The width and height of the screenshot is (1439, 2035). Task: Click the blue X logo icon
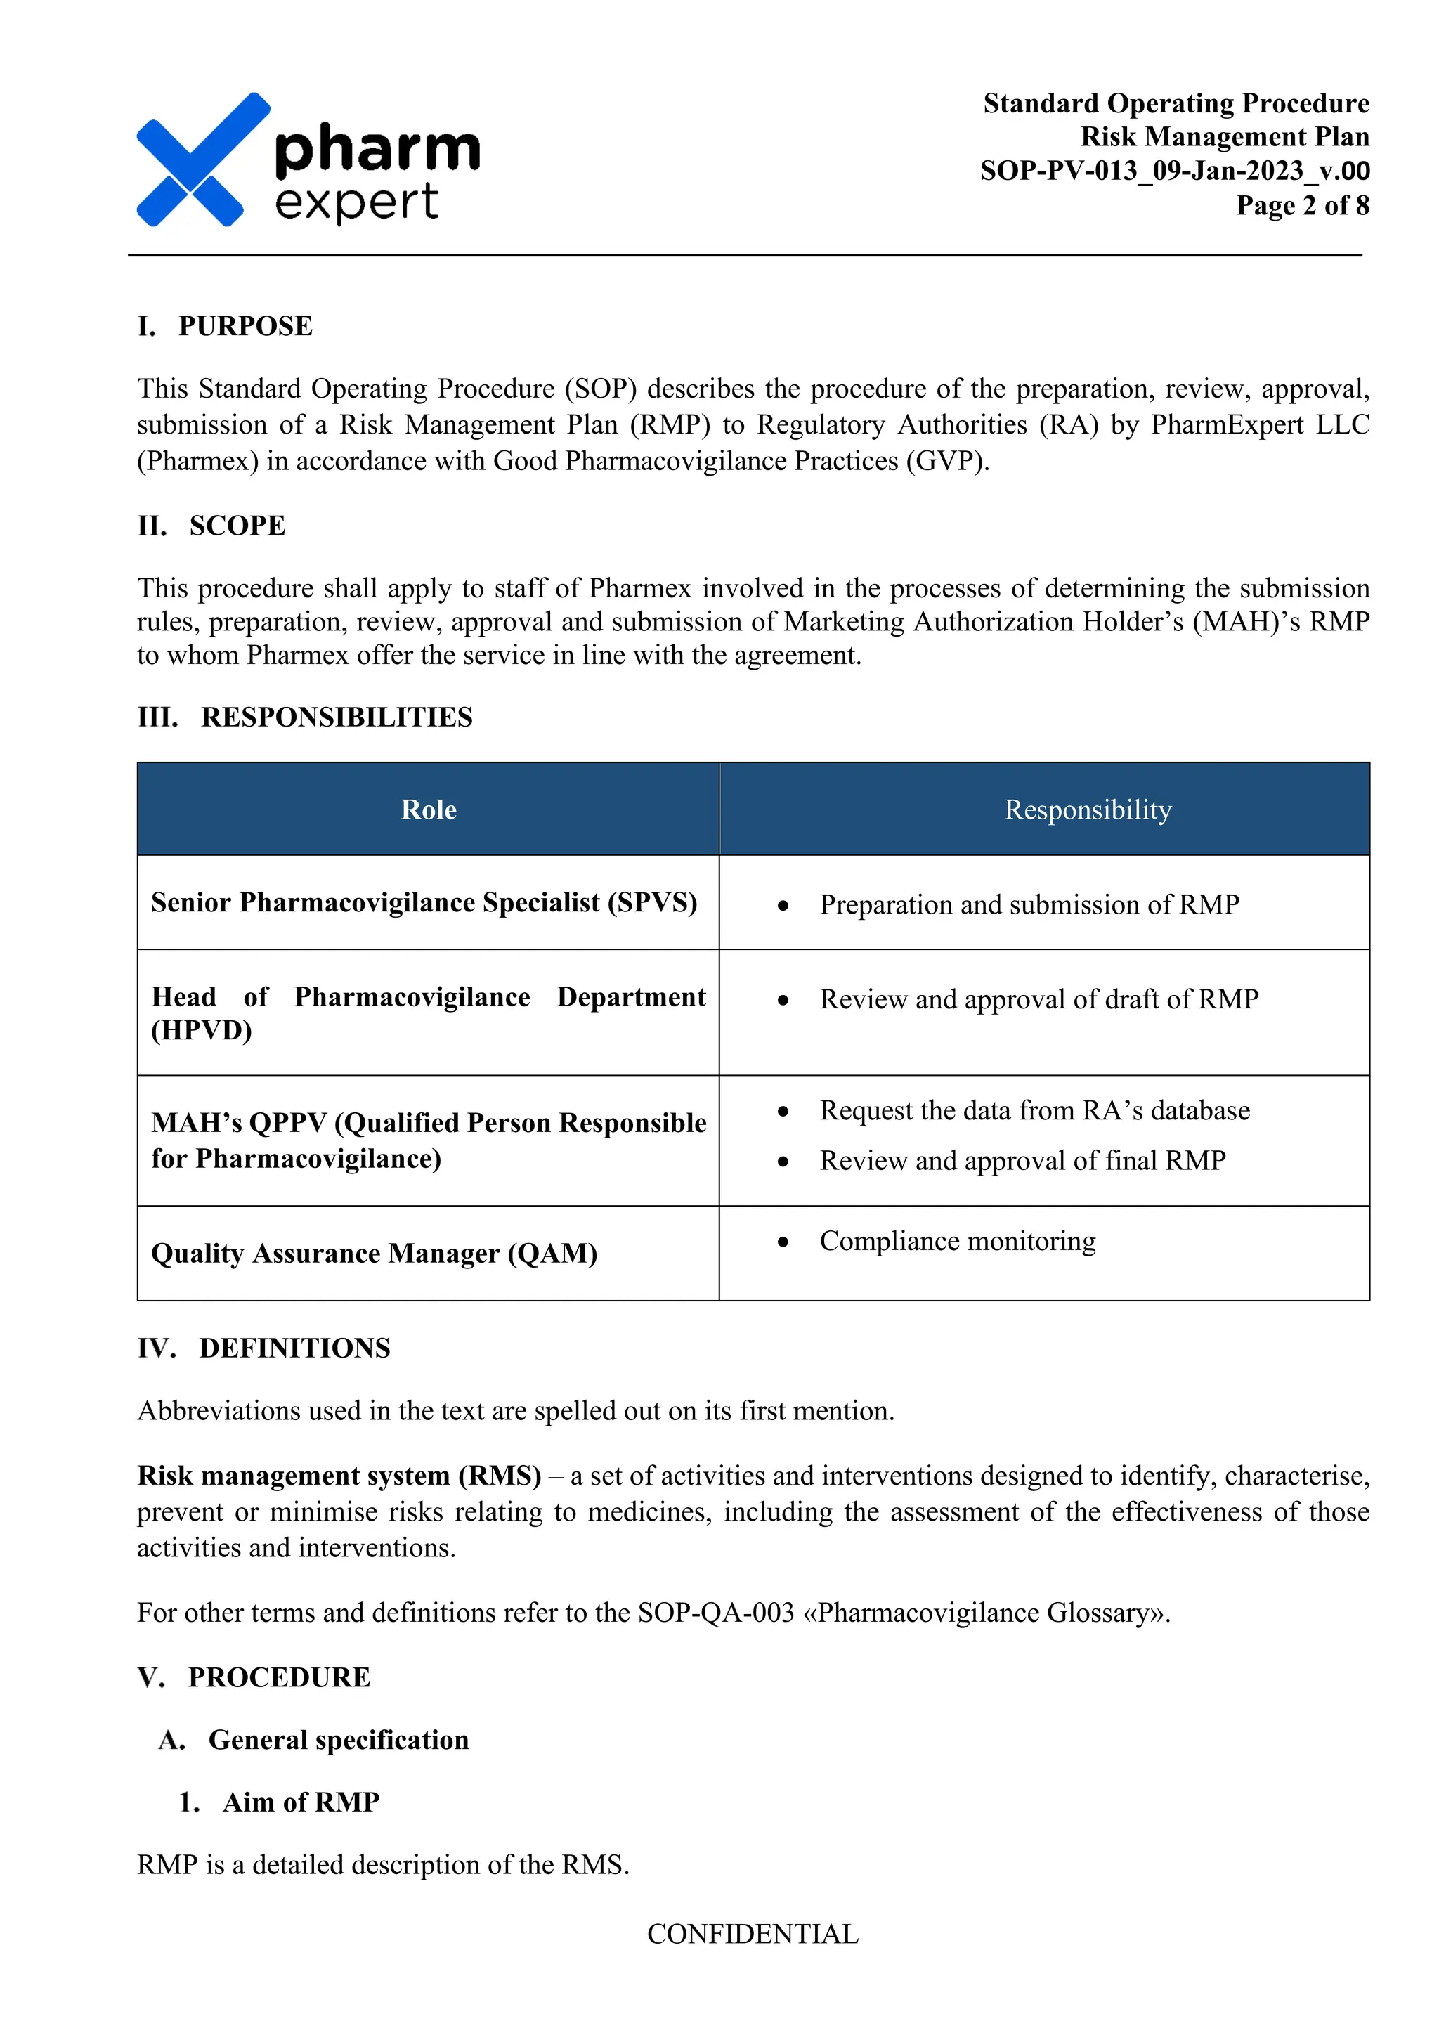pos(202,160)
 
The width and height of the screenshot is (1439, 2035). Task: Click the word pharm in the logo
pos(377,149)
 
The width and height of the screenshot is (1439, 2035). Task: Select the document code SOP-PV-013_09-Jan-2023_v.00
pos(1174,170)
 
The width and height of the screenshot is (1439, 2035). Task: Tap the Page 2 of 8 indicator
pos(1302,206)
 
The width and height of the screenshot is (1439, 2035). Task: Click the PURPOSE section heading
pos(245,326)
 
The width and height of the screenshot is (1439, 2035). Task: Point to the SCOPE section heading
pos(237,526)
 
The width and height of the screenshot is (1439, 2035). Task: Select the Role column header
pos(428,810)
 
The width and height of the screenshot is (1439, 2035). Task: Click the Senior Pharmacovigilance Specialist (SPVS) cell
pos(424,902)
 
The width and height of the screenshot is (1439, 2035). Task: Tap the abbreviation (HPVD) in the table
pos(202,1031)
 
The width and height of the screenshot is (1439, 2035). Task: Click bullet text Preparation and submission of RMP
pos(1029,905)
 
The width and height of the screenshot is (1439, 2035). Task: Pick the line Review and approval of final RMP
pos(1022,1160)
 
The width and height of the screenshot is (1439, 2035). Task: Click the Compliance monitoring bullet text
pos(957,1241)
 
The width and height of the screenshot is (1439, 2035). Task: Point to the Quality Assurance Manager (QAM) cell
pos(374,1254)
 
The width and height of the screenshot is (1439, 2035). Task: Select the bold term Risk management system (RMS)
pos(339,1476)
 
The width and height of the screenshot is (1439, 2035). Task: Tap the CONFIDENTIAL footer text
pos(753,1934)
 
